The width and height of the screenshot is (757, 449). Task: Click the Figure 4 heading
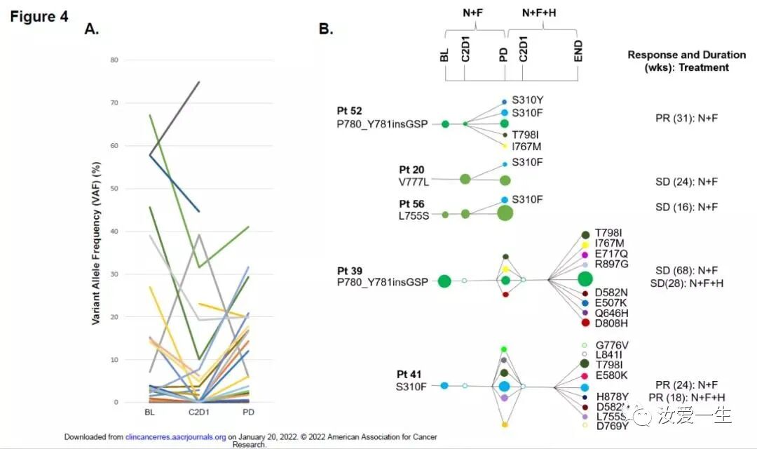coord(39,17)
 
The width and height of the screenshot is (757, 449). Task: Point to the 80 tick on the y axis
coord(114,60)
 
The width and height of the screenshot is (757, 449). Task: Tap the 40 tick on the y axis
coord(114,232)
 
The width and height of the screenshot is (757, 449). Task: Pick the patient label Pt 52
coord(349,111)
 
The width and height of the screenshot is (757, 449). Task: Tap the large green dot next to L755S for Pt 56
coord(505,213)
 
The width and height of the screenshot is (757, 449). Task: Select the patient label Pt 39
coord(350,270)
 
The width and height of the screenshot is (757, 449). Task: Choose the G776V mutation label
coord(613,345)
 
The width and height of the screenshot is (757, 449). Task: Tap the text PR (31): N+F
coord(682,118)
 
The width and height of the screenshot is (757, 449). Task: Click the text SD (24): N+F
coord(682,182)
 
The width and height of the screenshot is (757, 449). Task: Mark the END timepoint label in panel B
coord(578,51)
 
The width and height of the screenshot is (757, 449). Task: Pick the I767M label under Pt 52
coord(526,147)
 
